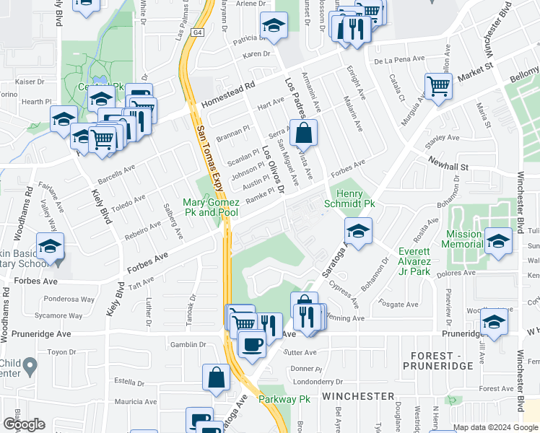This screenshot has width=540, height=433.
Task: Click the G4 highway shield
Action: coord(196,32)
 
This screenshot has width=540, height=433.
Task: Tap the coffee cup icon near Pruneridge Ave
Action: coord(251,343)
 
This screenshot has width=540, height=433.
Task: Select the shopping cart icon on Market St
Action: coord(438,87)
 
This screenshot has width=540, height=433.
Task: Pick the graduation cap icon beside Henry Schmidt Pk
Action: coord(357,232)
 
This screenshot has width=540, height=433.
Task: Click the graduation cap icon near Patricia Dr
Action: coord(274,26)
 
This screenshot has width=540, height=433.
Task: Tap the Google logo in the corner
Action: coord(24,424)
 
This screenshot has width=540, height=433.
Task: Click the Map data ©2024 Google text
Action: coord(495,427)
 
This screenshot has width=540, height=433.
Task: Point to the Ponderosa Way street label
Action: coord(69,299)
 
